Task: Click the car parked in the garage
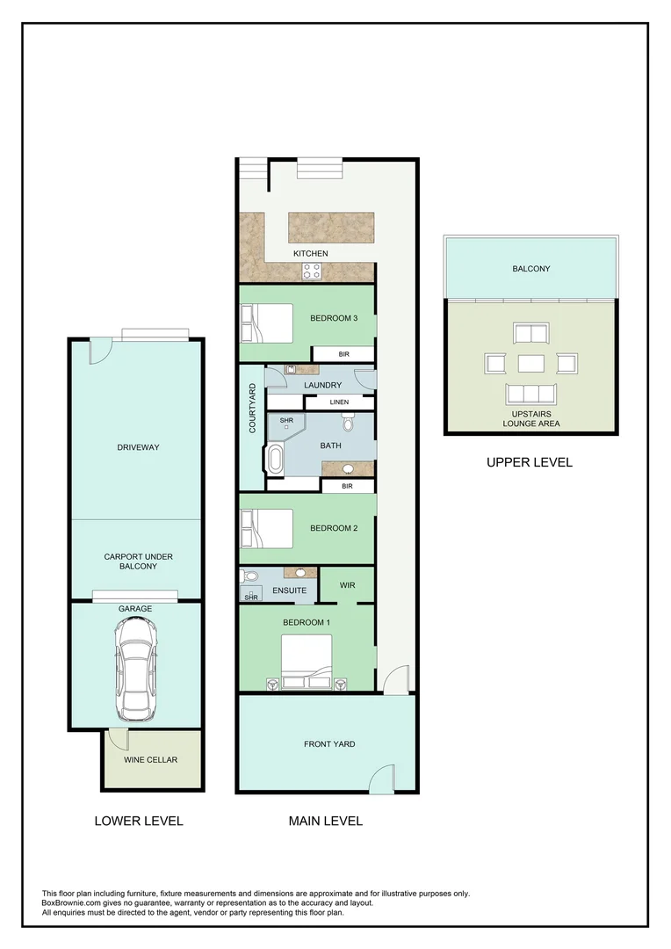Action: point(136,665)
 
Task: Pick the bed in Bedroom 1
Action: point(306,660)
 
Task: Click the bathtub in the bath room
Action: point(275,460)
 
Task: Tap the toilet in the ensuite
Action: point(249,577)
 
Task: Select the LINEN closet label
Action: point(339,402)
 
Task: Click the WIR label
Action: point(347,583)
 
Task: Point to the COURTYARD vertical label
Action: point(252,408)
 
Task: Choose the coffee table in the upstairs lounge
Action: point(531,363)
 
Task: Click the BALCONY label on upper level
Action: point(531,269)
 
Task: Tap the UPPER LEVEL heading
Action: point(529,462)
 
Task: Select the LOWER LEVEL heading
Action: point(139,821)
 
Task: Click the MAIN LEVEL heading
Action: point(326,821)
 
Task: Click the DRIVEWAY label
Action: point(138,447)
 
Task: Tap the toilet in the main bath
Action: point(349,425)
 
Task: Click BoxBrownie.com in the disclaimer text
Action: point(74,902)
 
